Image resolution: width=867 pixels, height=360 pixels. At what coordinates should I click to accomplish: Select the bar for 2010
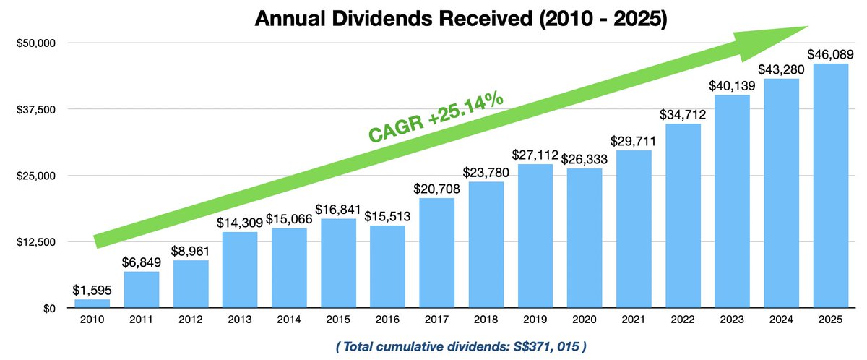92,304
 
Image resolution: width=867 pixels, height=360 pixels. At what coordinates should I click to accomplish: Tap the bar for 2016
387,267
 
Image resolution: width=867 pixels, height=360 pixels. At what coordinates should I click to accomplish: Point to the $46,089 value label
830,53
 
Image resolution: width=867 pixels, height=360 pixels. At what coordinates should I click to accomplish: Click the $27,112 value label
535,154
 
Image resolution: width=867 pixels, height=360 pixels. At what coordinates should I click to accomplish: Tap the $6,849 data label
142,262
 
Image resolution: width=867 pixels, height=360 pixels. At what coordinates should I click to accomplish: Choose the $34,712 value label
683,114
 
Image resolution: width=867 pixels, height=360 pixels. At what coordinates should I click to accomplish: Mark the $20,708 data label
437,188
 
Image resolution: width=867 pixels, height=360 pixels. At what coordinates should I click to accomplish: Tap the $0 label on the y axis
46,309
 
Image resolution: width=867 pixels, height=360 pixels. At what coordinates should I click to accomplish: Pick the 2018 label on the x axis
486,319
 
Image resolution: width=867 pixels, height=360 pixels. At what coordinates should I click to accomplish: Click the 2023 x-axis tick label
732,319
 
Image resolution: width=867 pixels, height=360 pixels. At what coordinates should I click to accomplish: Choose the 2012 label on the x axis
191,319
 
